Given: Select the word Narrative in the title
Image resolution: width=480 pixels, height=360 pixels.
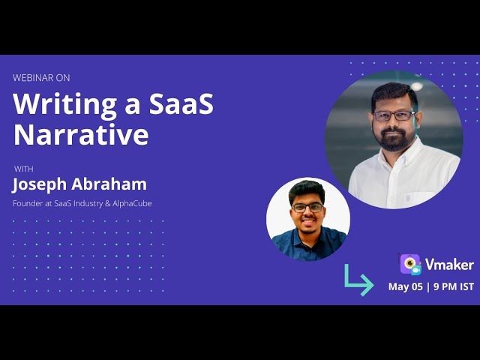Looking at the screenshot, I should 81,135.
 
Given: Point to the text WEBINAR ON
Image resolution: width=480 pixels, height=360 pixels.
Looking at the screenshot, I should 41,77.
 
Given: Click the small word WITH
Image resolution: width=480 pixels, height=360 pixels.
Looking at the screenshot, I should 23,168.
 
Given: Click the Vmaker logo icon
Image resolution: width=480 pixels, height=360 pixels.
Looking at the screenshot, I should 409,264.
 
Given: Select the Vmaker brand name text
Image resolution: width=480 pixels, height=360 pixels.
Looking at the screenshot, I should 448,265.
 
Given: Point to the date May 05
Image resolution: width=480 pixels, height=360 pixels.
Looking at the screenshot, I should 405,286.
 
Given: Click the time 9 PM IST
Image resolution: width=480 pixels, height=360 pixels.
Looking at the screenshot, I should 451,286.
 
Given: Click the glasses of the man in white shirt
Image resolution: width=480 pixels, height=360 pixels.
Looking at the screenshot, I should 394,115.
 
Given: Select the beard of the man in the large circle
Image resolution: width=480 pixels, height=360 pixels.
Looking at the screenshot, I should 393,139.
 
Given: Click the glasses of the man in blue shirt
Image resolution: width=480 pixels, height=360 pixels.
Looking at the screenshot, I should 308,207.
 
